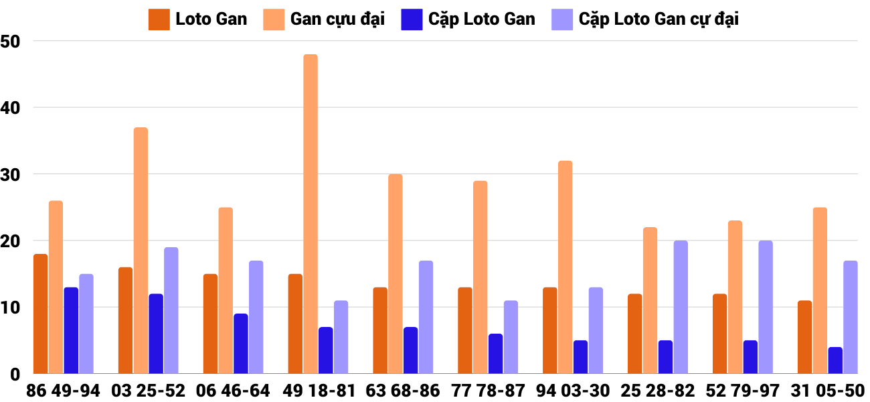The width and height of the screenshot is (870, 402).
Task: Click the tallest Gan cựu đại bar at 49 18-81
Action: pos(311,214)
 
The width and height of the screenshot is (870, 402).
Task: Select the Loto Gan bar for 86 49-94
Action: pos(40,314)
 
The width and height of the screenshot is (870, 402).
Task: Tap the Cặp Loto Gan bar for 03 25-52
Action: pos(156,334)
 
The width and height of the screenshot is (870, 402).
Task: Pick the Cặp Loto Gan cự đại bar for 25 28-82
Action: pos(681,307)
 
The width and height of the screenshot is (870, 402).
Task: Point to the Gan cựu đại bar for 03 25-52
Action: pos(141,251)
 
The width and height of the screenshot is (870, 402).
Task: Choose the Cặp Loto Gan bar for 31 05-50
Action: pos(835,360)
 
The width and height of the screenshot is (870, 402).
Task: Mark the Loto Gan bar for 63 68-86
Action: pos(380,330)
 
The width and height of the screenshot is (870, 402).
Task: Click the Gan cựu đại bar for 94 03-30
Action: pos(565,267)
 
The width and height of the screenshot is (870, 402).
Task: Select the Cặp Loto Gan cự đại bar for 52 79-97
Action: pos(766,307)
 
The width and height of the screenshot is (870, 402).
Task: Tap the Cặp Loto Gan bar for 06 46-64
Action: pos(241,344)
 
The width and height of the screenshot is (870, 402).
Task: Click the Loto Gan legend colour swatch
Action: pos(159,19)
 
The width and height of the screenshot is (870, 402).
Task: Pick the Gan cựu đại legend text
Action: pos(337,19)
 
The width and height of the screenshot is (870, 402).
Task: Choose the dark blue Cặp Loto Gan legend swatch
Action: pos(411,19)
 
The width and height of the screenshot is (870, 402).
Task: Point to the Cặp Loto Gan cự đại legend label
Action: pos(659,19)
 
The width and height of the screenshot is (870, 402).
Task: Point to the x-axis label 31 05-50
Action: pos(827,391)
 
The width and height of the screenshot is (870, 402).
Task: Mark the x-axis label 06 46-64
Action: pos(233,391)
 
